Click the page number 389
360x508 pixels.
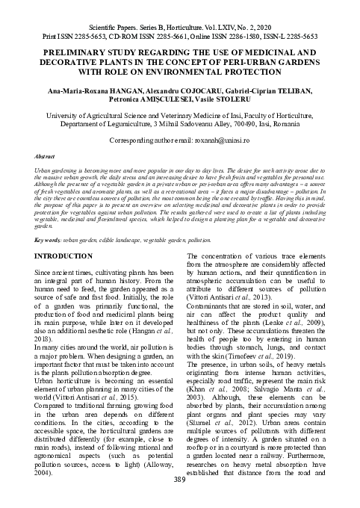[180, 499]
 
